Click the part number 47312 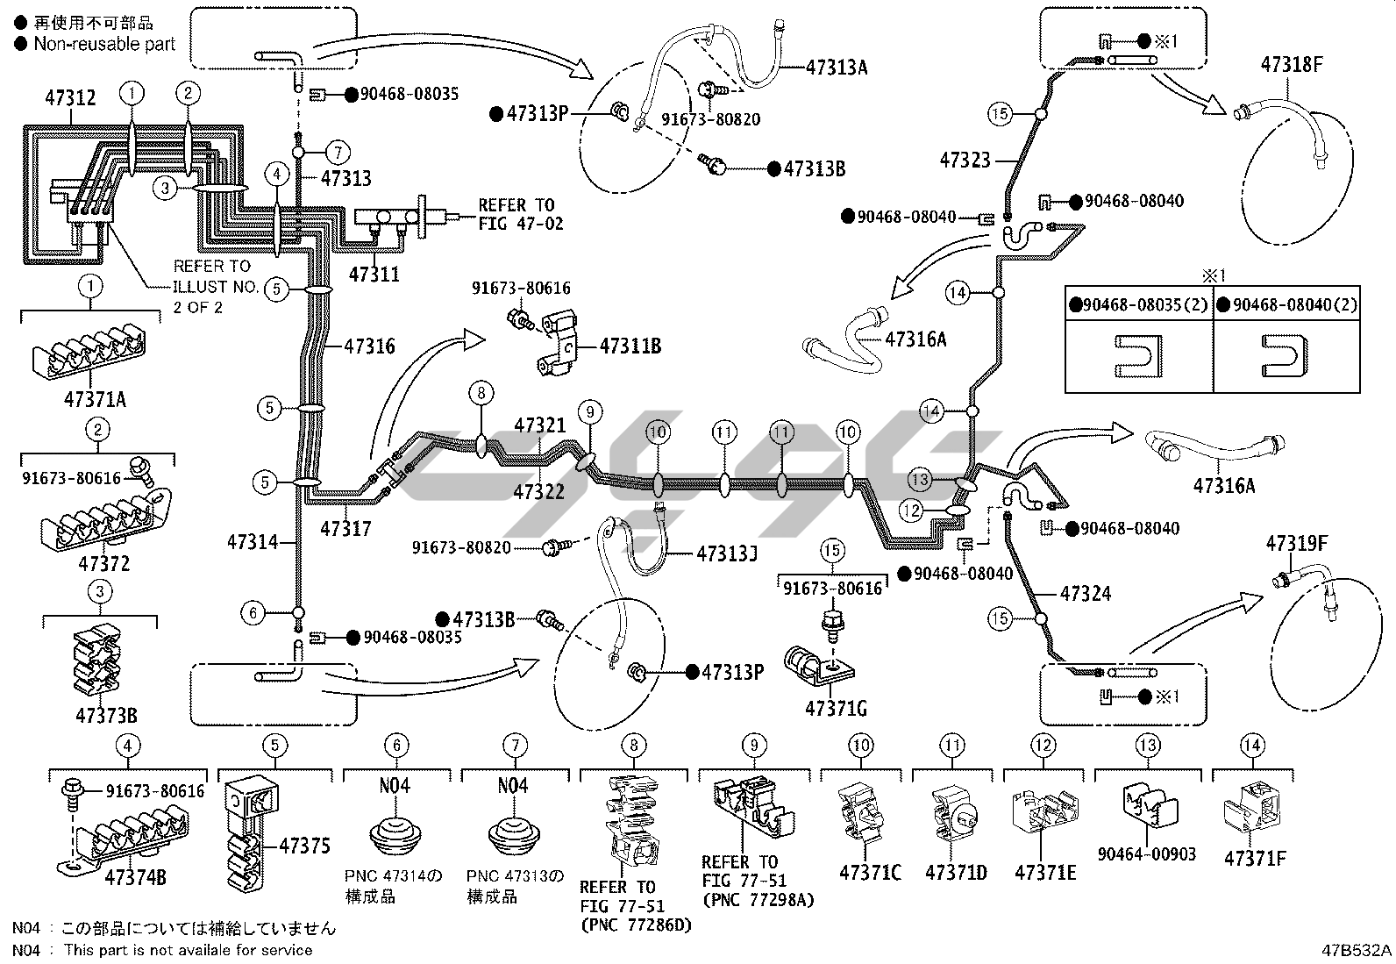(70, 98)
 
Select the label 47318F (1291, 64)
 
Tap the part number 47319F (1296, 544)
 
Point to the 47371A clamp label (95, 400)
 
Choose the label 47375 (304, 846)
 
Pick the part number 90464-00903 (1146, 853)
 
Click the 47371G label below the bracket (837, 707)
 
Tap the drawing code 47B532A (1357, 951)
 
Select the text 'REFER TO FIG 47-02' (520, 215)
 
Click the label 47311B (630, 346)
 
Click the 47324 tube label (1085, 594)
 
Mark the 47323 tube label (965, 160)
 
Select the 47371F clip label (1254, 859)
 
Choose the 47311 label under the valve (374, 275)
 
